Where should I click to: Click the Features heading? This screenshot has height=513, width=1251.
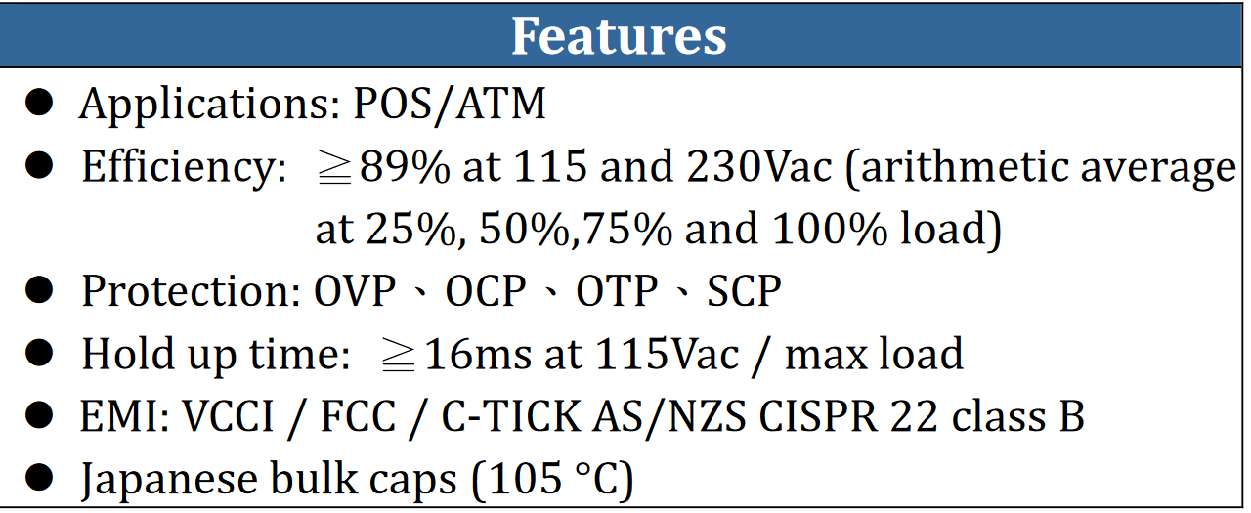tap(619, 36)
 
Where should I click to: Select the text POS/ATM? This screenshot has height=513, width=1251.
tap(450, 105)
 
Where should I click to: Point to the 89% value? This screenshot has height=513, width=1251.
tap(405, 167)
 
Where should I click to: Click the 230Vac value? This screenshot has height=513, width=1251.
tap(759, 166)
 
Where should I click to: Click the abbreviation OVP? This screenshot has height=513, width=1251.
tap(355, 291)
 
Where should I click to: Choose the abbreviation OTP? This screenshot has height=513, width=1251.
tap(617, 291)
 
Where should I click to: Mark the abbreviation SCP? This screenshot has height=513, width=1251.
tap(744, 291)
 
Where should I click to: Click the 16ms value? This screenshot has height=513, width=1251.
tap(478, 354)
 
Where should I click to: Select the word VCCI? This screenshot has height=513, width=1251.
tap(229, 416)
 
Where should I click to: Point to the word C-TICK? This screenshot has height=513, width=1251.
tap(511, 416)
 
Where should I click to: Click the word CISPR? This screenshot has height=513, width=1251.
tap(818, 416)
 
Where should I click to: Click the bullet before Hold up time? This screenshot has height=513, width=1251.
tap(39, 353)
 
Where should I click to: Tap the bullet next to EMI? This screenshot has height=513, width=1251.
tap(39, 415)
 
